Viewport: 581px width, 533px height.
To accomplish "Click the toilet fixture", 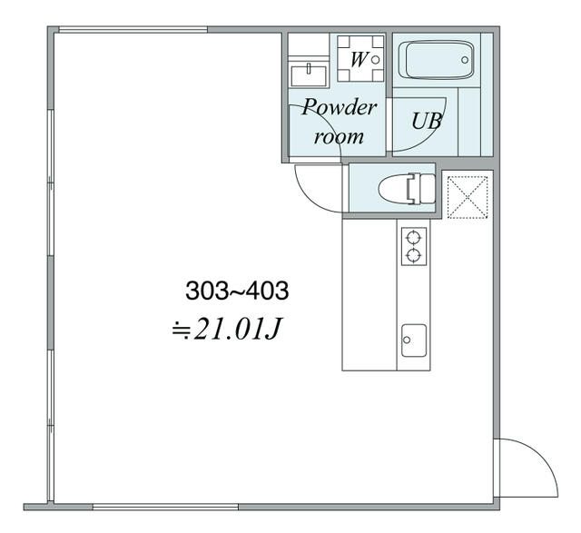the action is pyautogui.click(x=407, y=188).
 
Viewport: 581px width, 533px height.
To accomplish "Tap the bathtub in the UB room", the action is pyautogui.click(x=439, y=60).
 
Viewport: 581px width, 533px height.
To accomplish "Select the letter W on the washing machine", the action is pyautogui.click(x=359, y=59).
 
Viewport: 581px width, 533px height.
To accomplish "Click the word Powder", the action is pyautogui.click(x=339, y=107).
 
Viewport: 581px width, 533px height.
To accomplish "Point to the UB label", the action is pyautogui.click(x=427, y=121).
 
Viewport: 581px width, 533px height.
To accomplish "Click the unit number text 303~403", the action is pyautogui.click(x=237, y=291).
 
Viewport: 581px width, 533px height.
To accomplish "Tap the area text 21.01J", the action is pyautogui.click(x=236, y=329).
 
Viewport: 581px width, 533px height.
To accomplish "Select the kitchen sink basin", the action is pyautogui.click(x=414, y=340).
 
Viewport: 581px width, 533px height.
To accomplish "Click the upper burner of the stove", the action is pyautogui.click(x=414, y=236).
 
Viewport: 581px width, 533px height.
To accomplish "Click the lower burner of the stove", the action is pyautogui.click(x=414, y=255).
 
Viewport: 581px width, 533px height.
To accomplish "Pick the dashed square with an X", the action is pyautogui.click(x=468, y=197).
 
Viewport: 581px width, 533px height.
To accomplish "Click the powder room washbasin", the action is pyautogui.click(x=309, y=75).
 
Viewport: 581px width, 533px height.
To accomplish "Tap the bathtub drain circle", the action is pyautogui.click(x=465, y=60).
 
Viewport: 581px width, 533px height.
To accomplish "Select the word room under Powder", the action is pyautogui.click(x=339, y=137).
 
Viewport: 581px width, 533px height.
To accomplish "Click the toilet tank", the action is pyautogui.click(x=427, y=188).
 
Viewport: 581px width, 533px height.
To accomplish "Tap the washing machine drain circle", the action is pyautogui.click(x=375, y=59).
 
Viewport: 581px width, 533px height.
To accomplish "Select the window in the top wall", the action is pyautogui.click(x=133, y=30).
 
